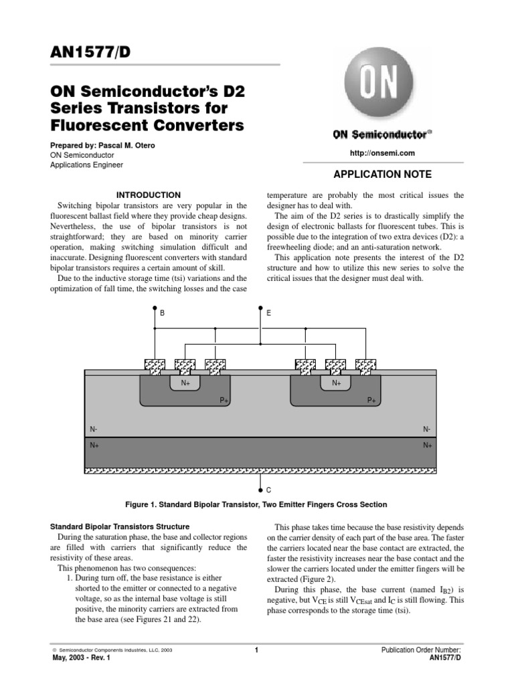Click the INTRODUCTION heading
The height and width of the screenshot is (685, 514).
pyautogui.click(x=149, y=195)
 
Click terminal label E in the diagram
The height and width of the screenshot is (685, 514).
pyautogui.click(x=269, y=312)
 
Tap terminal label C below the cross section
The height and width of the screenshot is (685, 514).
pyautogui.click(x=268, y=490)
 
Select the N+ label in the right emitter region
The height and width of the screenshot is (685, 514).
pyautogui.click(x=337, y=383)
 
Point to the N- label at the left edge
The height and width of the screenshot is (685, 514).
pyautogui.click(x=93, y=429)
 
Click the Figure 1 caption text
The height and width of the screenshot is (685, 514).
pyautogui.click(x=256, y=504)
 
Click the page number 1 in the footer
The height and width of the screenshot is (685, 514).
pyautogui.click(x=257, y=650)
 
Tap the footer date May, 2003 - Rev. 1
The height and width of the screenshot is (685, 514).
pyautogui.click(x=81, y=658)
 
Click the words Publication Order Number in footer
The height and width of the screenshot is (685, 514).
pyautogui.click(x=421, y=650)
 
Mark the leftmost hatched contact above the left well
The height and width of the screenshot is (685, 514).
pyautogui.click(x=155, y=365)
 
